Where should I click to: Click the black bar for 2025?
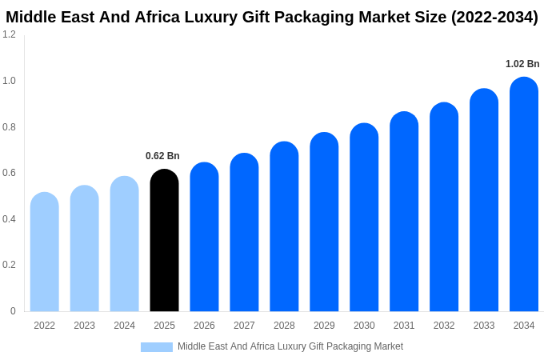tap(164, 240)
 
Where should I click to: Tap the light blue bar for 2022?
tap(45, 252)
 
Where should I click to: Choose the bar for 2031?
tap(404, 211)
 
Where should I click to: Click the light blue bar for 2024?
tap(124, 244)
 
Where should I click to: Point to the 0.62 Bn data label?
tap(162, 156)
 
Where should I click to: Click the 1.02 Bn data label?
tap(522, 64)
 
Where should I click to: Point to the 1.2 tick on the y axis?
tap(9, 34)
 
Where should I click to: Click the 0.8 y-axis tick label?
tap(9, 126)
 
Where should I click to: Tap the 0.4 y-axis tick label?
tap(9, 219)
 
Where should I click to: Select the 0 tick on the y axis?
tap(13, 311)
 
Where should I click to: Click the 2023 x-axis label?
tap(84, 326)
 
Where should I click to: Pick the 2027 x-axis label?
tap(244, 326)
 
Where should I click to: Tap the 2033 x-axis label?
tap(484, 326)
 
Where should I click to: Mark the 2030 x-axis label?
tap(364, 326)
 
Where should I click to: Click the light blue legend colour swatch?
tap(157, 347)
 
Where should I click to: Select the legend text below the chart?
tap(290, 346)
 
